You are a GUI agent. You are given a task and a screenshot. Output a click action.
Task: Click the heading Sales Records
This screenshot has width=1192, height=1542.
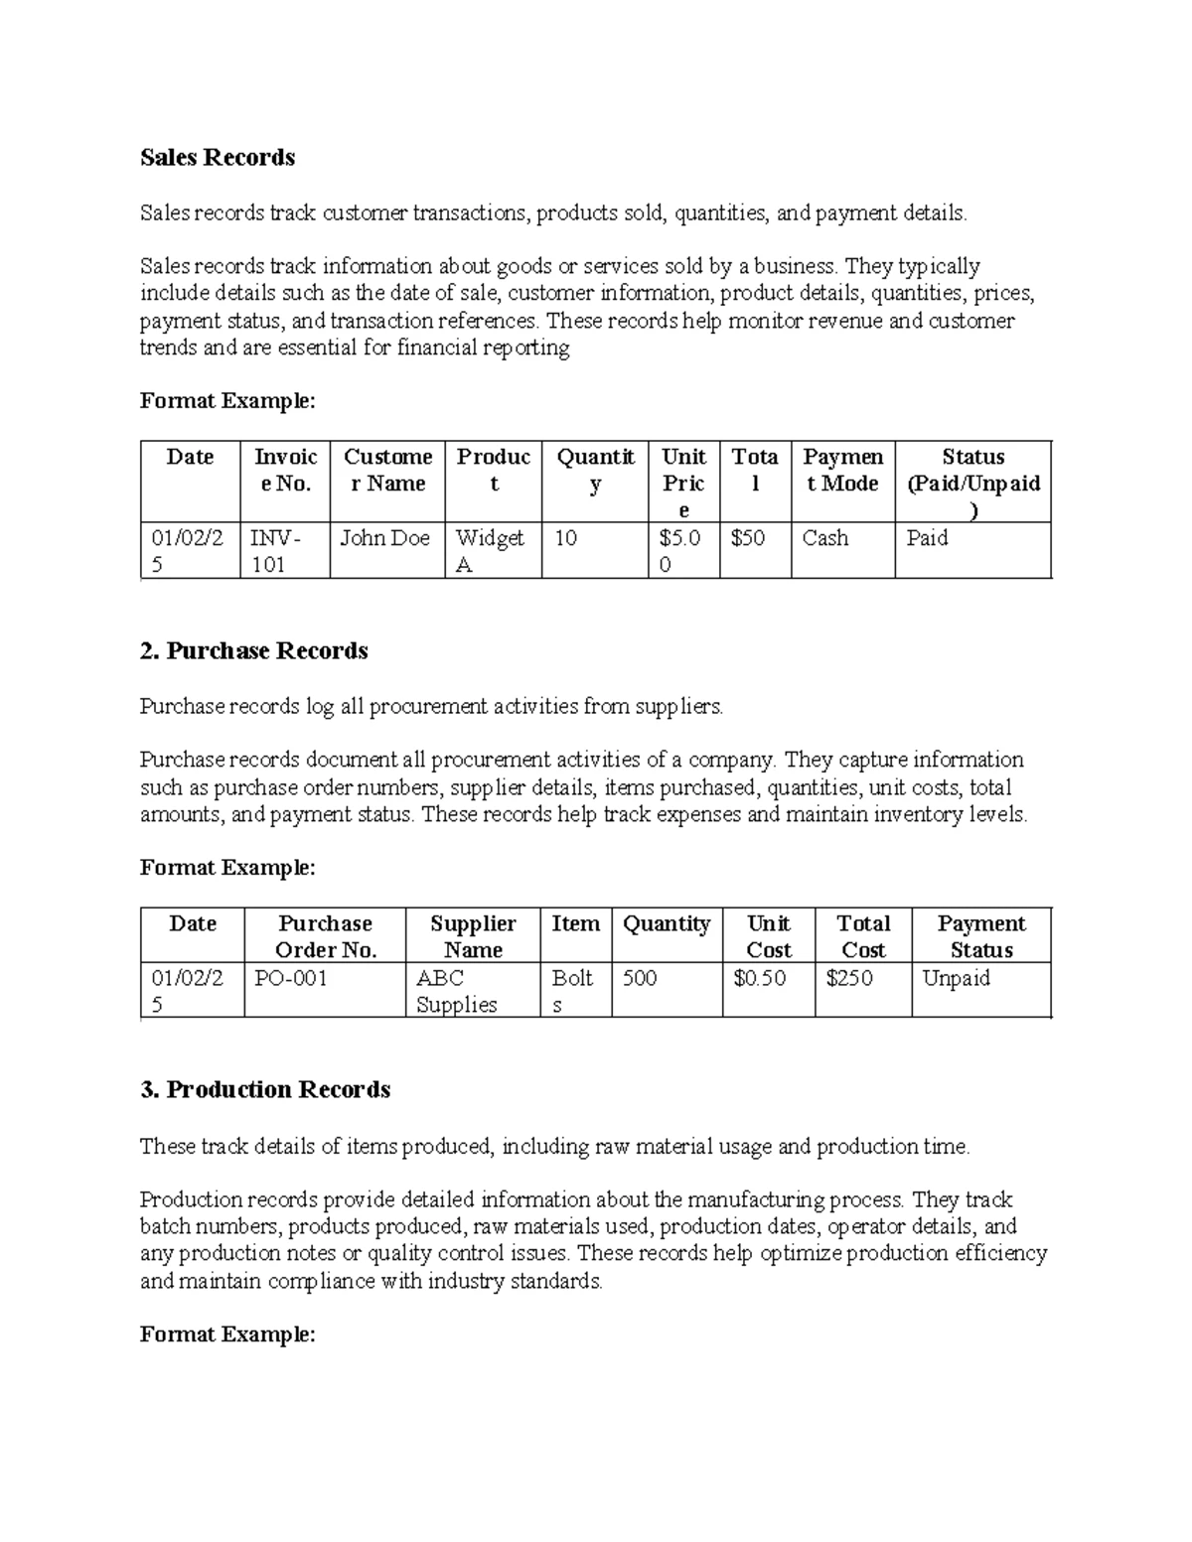tap(218, 158)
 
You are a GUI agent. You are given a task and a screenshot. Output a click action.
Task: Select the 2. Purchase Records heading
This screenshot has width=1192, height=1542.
tap(254, 651)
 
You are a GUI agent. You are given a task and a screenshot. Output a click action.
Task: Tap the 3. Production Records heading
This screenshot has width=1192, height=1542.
tap(265, 1090)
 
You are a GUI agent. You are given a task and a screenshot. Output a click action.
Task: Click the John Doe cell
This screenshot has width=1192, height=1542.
tap(385, 538)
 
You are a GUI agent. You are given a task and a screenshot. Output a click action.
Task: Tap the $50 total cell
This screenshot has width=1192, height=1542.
tap(754, 538)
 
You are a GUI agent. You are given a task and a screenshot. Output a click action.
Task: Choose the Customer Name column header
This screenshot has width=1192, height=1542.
tap(387, 471)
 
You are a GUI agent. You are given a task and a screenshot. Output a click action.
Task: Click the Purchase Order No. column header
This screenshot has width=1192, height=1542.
tap(325, 936)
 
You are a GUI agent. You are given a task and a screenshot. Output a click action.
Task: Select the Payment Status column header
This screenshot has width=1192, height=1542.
tap(980, 936)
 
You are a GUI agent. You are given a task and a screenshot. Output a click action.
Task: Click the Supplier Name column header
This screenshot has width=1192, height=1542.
tap(473, 936)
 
